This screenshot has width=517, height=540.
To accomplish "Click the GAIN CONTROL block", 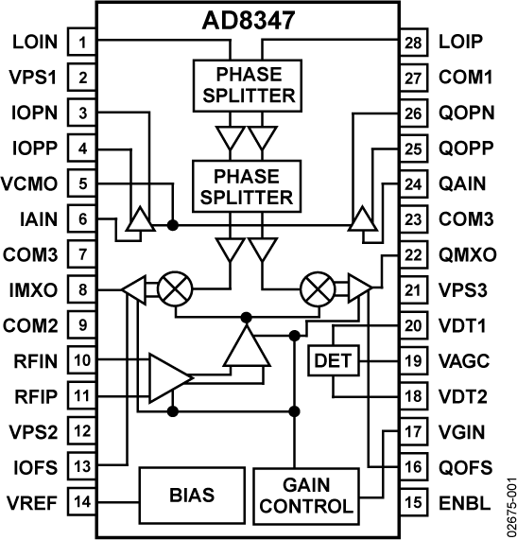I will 305,495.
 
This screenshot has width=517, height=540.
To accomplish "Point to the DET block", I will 332,360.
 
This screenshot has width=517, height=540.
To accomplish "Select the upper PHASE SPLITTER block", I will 245,84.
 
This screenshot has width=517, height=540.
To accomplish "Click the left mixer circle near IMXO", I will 173,289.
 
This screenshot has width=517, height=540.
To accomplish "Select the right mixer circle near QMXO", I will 317,289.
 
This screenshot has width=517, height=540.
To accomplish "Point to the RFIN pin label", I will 36,360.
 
